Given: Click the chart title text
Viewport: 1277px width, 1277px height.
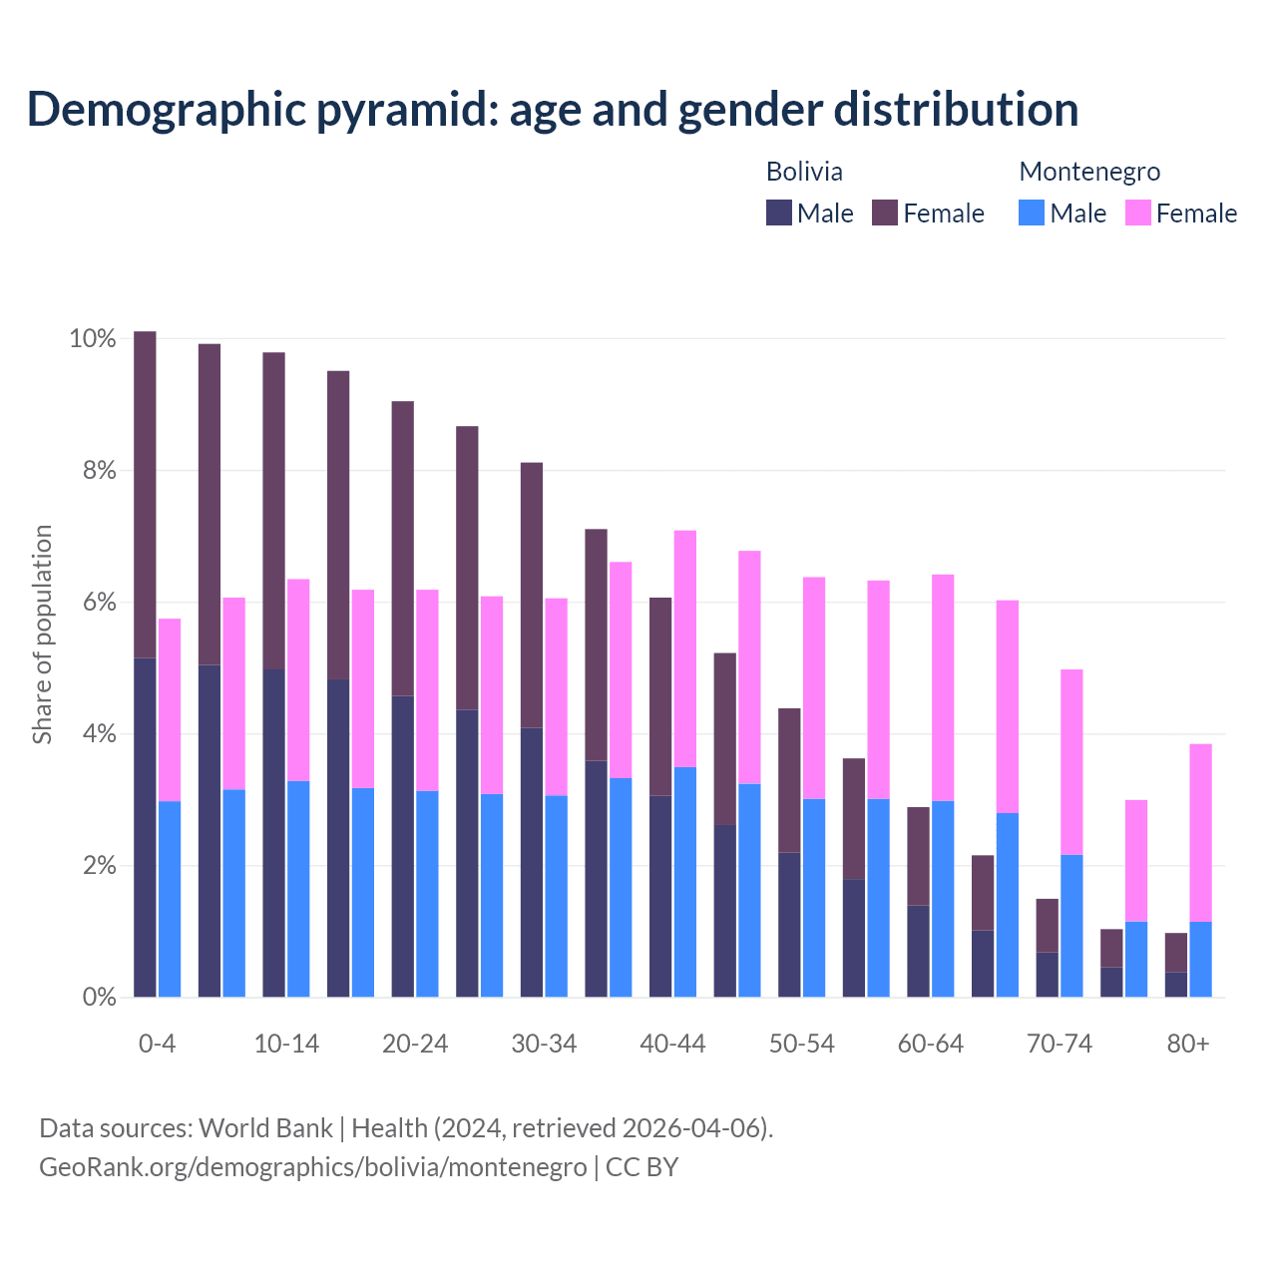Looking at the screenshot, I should coord(552,110).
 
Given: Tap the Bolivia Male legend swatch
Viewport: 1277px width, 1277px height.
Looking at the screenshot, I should coord(779,213).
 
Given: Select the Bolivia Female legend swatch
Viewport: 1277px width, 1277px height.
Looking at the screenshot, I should coord(885,213).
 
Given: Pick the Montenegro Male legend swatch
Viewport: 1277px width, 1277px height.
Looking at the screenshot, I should coord(1032,213).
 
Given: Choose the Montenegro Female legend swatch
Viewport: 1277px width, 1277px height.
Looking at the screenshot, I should coord(1138,213).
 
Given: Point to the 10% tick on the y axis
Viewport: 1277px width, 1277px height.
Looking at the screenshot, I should coord(92,339).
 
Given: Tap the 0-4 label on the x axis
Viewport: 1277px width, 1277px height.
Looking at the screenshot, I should coord(158,1044).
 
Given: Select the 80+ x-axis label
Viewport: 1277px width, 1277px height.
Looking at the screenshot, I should coord(1188,1044).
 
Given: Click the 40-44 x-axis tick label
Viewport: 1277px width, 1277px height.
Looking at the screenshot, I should coord(672,1044).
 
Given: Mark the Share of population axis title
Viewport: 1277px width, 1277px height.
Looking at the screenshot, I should coord(42,635).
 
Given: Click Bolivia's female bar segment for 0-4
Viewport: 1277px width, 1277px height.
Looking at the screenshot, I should coord(145,494).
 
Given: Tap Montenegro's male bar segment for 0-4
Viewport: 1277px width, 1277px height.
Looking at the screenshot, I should coord(170,898).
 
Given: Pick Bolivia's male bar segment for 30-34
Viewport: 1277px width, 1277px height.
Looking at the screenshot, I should coord(532,862).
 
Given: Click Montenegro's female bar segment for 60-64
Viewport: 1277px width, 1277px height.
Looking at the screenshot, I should coord(943,687).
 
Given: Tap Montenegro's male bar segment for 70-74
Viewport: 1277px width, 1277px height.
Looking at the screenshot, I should coord(1071,926).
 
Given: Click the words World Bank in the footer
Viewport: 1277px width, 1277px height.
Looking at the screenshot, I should coord(265,1128).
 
